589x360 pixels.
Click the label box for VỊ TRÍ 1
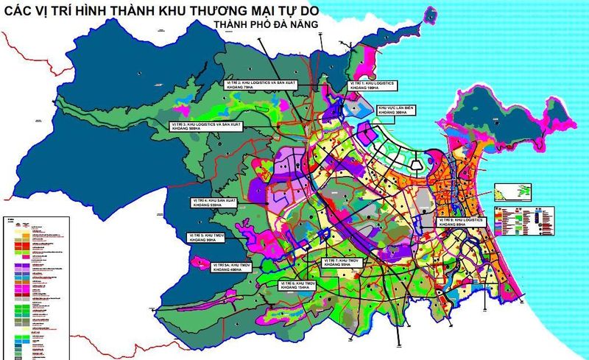click(373, 87)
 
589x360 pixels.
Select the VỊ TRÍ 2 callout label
click(252, 87)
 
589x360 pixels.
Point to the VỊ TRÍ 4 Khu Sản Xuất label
click(211, 202)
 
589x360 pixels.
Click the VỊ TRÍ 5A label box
click(233, 266)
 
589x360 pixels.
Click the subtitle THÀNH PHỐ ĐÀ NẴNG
click(266, 24)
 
